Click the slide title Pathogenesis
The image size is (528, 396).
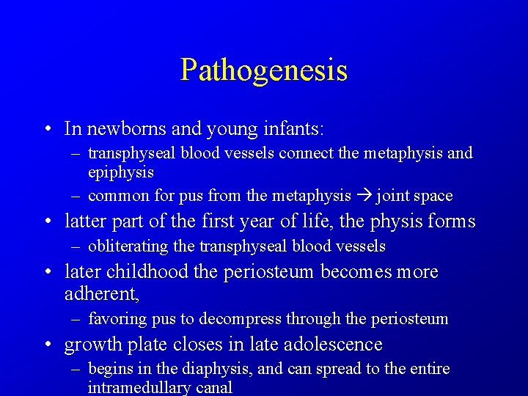[x=263, y=70]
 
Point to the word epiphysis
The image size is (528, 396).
[x=121, y=172]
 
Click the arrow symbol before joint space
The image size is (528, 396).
[x=364, y=196]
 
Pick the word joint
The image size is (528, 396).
[x=392, y=196]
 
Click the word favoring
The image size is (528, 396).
[x=114, y=319]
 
